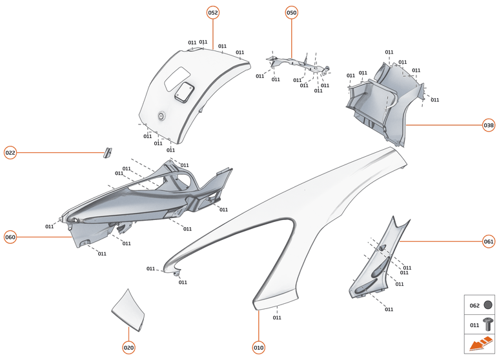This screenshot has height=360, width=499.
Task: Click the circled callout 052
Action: point(212,13)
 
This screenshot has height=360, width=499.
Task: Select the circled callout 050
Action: point(291,13)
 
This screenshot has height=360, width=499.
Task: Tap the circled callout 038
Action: point(489,125)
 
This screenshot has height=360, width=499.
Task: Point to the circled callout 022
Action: point(10,153)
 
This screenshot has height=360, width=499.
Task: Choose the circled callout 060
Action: point(10,237)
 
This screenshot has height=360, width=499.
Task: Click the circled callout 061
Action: point(489,241)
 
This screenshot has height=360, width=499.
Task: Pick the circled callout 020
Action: point(128,348)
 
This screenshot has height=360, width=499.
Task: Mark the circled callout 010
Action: point(258,348)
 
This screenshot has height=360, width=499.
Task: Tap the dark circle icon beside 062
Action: point(488,305)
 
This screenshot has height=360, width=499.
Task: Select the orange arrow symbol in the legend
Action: point(480,345)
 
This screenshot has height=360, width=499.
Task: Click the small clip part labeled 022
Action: point(108,152)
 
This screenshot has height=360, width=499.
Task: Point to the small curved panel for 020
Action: point(129,305)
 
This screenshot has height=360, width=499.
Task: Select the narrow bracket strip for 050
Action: point(297,64)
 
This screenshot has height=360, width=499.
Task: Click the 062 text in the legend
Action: point(474,305)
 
